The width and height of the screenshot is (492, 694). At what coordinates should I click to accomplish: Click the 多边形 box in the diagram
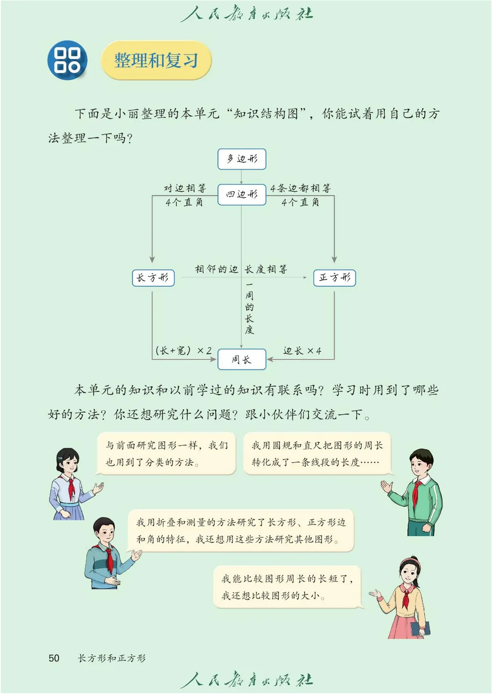[242, 159]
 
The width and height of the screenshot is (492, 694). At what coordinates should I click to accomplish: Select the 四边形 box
[242, 195]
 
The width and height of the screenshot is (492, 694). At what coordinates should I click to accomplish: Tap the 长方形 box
[153, 278]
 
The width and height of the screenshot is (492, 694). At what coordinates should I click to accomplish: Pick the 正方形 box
[334, 278]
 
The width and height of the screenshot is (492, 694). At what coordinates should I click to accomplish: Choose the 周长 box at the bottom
[242, 359]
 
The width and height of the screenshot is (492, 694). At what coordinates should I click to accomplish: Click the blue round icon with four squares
[67, 60]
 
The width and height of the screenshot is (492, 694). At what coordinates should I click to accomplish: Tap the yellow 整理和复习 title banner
[156, 61]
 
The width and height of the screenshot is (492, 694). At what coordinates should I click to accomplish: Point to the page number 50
[54, 658]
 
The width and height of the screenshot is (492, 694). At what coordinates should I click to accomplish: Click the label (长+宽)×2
[184, 350]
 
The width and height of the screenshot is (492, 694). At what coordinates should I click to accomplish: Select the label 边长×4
[302, 351]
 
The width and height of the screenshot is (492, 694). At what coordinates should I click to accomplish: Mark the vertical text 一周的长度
[249, 308]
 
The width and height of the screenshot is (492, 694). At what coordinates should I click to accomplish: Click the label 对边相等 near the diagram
[185, 188]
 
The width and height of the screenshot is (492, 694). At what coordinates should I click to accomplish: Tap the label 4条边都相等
[300, 188]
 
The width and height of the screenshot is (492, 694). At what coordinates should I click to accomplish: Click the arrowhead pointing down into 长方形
[152, 260]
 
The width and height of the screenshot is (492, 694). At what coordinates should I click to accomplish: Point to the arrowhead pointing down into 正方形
[334, 260]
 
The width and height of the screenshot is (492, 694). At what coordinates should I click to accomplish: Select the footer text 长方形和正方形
[111, 658]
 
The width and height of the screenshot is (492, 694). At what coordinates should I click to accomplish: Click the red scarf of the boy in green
[416, 493]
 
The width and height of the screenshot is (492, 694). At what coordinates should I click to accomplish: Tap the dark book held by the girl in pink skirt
[420, 628]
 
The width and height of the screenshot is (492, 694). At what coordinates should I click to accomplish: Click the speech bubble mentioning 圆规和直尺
[317, 454]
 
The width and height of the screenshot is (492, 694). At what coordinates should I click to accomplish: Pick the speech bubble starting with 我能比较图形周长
[287, 587]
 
